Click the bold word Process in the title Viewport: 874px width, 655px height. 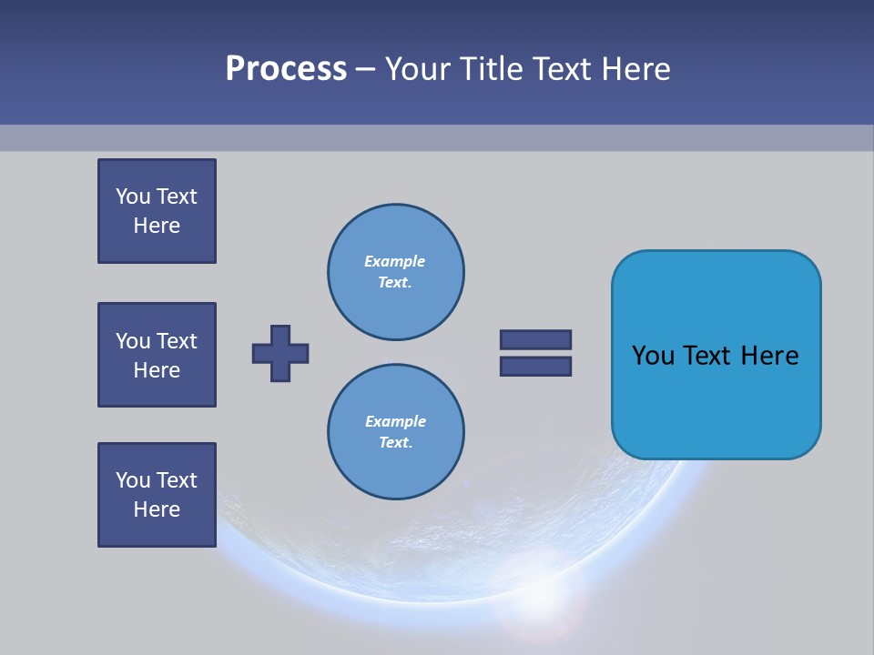(x=286, y=69)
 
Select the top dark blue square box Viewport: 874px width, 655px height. (x=157, y=211)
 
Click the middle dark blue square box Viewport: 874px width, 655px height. (x=157, y=355)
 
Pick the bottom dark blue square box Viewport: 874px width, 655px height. (x=157, y=495)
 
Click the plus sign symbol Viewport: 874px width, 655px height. (x=280, y=353)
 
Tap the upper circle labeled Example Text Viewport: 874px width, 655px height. (x=395, y=271)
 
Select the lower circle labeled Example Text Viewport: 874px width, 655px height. (x=395, y=431)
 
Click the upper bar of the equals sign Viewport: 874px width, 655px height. (x=535, y=339)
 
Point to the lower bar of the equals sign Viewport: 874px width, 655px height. (x=535, y=367)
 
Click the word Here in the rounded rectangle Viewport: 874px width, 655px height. (x=769, y=355)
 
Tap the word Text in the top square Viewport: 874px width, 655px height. (x=177, y=196)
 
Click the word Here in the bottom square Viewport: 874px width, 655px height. (x=157, y=509)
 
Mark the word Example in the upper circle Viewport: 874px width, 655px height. (x=394, y=261)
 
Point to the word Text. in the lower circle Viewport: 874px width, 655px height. (x=395, y=443)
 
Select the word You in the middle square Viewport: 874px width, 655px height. (x=132, y=341)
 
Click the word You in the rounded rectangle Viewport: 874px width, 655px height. (x=653, y=355)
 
